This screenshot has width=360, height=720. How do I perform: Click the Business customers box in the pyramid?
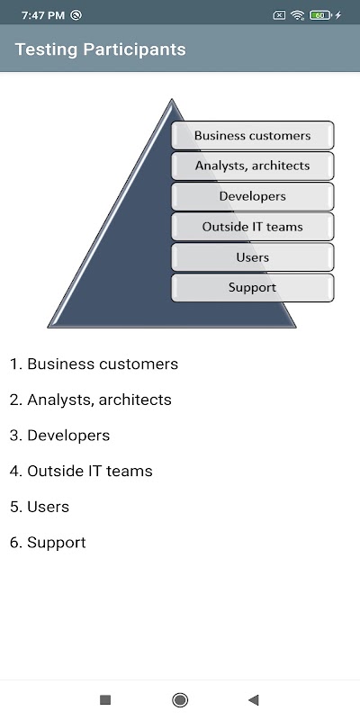pos(253,136)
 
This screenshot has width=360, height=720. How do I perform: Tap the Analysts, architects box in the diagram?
pos(253,166)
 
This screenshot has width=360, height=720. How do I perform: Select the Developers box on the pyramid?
pos(253,196)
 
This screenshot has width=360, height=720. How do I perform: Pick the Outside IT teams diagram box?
pos(253,227)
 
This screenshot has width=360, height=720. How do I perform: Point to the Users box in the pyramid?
pos(253,257)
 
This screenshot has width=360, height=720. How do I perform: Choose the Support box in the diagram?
pos(253,288)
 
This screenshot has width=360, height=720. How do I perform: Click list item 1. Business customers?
pos(94,364)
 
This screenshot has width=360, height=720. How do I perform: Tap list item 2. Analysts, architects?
pos(91,400)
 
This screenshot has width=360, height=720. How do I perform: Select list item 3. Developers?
pos(59,436)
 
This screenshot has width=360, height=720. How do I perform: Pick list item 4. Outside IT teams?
pos(81,471)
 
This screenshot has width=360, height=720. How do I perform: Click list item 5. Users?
pos(40,507)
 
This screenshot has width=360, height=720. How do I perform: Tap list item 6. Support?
pos(48,543)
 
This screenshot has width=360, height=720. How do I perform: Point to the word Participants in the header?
pos(134,49)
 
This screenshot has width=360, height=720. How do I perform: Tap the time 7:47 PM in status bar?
pos(42,15)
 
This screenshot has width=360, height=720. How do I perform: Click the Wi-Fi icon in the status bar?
pos(298,15)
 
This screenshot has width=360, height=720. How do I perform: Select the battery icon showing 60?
pos(320,15)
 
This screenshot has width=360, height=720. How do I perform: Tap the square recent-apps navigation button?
pos(105,700)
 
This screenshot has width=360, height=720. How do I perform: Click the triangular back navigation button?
pos(254,700)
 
